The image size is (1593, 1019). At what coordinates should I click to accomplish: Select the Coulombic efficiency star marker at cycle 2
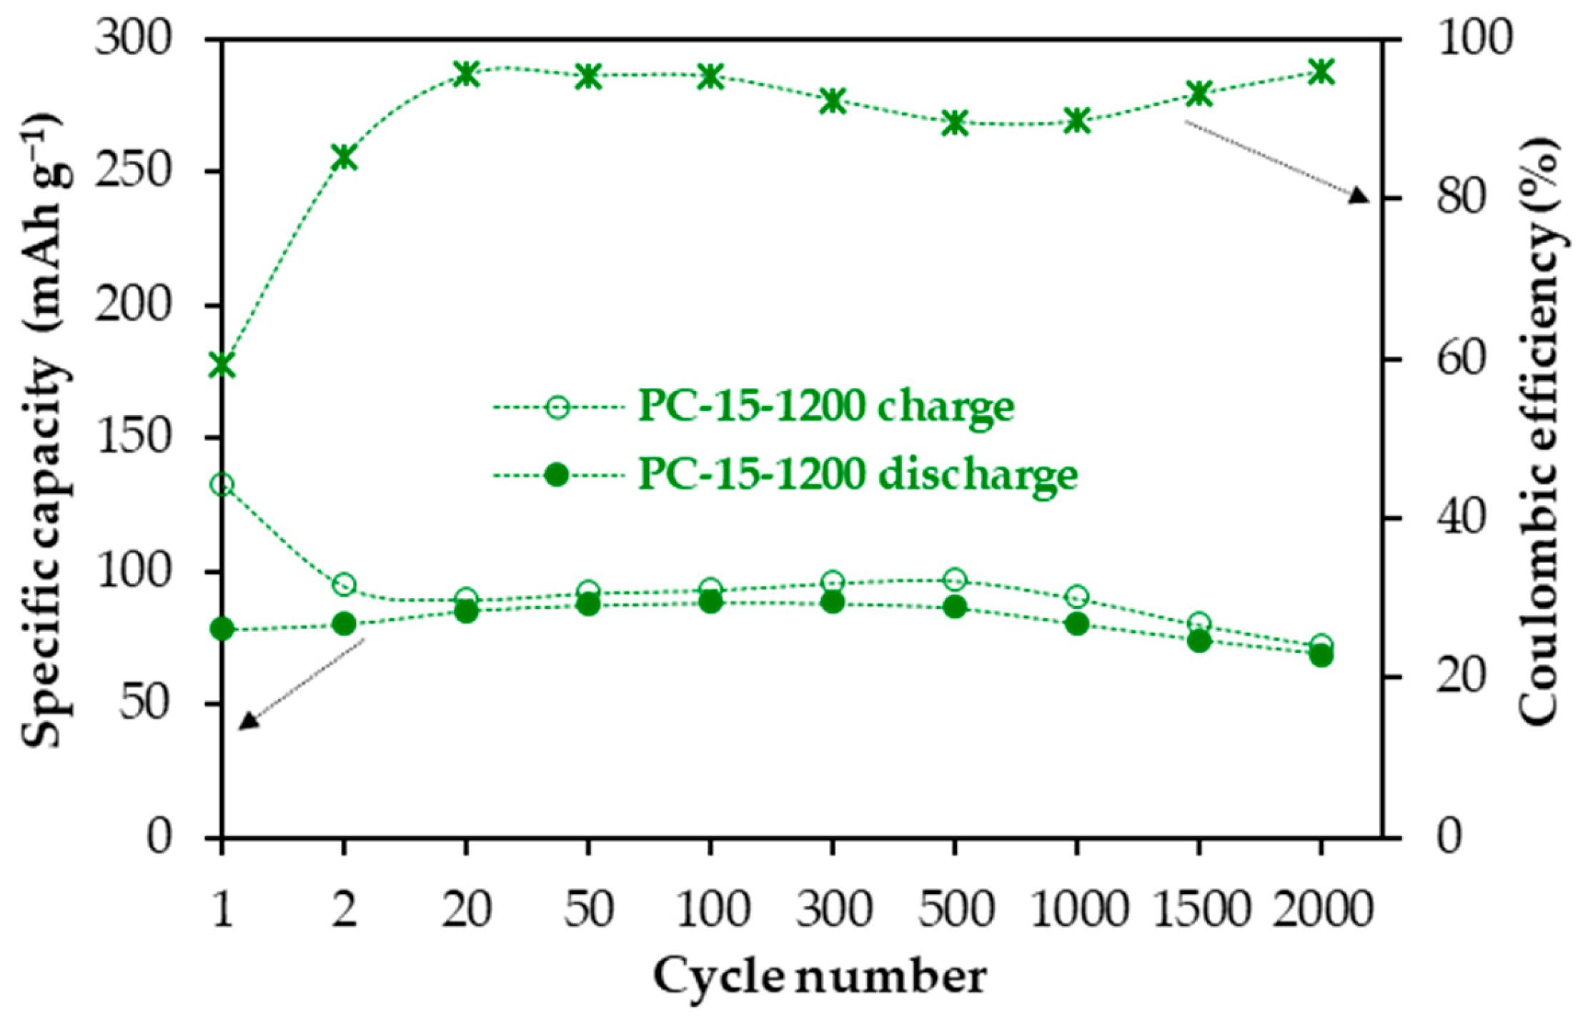point(344,157)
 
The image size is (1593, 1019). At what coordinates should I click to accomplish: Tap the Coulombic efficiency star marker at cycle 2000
point(1321,72)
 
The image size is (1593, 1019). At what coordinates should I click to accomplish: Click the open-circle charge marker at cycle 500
point(955,580)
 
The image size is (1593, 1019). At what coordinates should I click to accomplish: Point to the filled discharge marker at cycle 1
point(222,630)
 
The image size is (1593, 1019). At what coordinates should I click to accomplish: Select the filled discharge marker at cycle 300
point(833,603)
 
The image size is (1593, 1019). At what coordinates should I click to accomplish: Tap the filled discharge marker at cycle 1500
point(1199,642)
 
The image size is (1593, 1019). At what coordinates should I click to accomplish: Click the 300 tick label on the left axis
point(134,39)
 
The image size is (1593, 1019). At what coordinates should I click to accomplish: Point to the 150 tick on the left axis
point(134,438)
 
